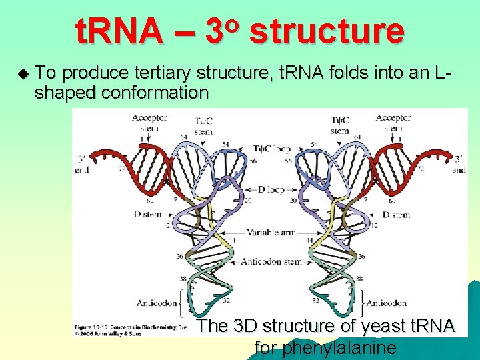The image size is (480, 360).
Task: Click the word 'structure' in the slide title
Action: [x=327, y=31]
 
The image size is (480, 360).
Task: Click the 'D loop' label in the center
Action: [x=271, y=189]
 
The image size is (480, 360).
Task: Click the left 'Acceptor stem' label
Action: [x=149, y=123]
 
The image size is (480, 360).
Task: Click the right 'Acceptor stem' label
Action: [x=393, y=123]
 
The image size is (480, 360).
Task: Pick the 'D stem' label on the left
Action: [x=147, y=215]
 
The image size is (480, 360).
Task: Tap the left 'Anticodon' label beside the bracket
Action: [x=157, y=303]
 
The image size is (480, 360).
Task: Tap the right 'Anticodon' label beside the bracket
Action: [x=386, y=303]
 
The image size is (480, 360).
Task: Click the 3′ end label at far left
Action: [x=83, y=165]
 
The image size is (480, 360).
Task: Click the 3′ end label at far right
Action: [x=459, y=165]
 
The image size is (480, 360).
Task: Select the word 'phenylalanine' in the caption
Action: [x=325, y=347]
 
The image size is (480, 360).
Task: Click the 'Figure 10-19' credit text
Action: [x=94, y=327]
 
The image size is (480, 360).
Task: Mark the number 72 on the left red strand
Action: [x=121, y=170]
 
